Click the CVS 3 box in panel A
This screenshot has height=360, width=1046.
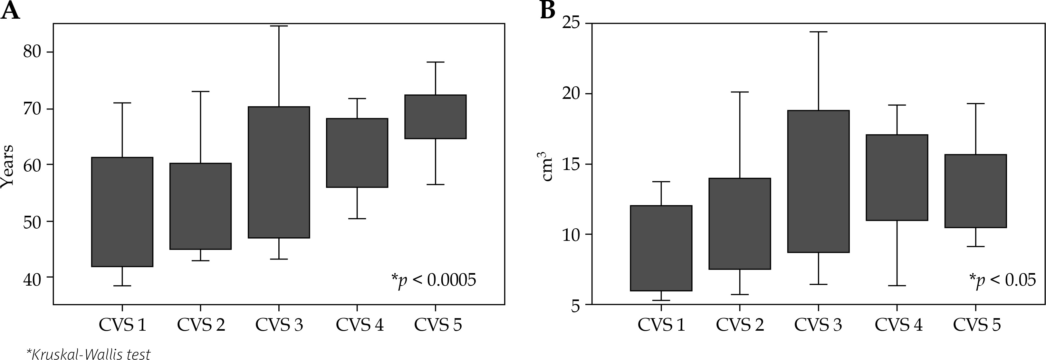pos(279,172)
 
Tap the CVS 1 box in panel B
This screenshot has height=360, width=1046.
pos(661,248)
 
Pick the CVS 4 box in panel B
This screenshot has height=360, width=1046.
pos(897,177)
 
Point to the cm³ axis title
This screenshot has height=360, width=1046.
pos(547,166)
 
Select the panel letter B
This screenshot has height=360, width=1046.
pos(548,10)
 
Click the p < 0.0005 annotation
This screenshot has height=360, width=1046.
pos(433,280)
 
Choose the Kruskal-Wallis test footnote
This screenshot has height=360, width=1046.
pos(89,354)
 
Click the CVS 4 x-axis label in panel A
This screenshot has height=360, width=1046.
pos(360,325)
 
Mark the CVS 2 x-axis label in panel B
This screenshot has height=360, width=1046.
pos(740,325)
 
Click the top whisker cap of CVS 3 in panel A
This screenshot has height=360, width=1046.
pos(279,26)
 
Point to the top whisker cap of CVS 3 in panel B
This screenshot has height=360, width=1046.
pos(818,32)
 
